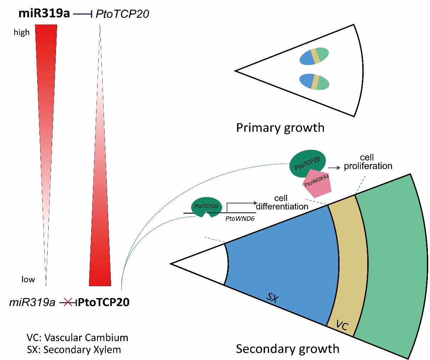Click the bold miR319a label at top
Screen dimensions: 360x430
point(44,14)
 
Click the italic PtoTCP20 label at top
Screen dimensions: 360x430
point(122,14)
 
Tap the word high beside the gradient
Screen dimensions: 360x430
point(22,33)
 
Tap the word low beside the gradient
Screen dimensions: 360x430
point(28,279)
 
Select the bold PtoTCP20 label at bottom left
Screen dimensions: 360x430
point(104,302)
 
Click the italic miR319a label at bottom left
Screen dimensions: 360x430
point(32,302)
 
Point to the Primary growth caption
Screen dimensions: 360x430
point(280,127)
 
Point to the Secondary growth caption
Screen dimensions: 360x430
point(287,349)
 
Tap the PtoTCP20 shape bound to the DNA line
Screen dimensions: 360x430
point(206,207)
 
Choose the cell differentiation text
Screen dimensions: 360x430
point(282,202)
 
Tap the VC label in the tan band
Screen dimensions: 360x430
point(342,325)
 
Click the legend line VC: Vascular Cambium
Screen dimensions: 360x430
point(77,337)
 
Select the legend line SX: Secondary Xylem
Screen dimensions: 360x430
point(74,350)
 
